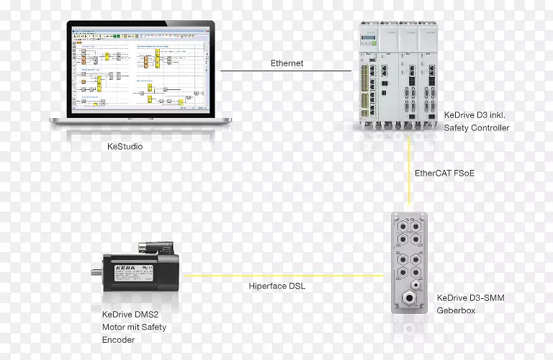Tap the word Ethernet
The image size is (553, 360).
click(287, 63)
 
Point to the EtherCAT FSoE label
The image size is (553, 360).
click(445, 174)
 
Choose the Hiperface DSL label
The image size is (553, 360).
click(273, 286)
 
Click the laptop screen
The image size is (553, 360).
click(139, 66)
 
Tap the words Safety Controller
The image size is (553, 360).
click(477, 127)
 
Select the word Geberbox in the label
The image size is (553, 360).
click(457, 310)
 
